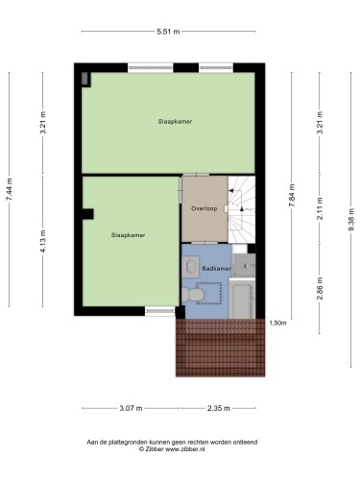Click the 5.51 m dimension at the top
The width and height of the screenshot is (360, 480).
tap(168, 32)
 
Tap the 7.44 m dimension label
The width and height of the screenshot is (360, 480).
tap(10, 189)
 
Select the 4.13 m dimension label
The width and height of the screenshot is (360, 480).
tap(43, 241)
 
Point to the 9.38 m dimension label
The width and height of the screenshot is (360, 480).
tap(351, 219)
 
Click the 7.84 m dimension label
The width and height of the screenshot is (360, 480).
tap(292, 196)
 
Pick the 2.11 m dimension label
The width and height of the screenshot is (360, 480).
tap(320, 208)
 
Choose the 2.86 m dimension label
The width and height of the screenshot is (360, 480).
tap(320, 288)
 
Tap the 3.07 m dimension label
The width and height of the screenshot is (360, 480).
tap(131, 408)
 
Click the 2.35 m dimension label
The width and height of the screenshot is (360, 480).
tap(219, 408)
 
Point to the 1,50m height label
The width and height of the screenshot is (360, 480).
tap(277, 323)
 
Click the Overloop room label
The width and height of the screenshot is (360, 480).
tap(204, 208)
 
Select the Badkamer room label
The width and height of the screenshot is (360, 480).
tap(216, 269)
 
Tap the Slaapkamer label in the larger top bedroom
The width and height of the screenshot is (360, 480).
tap(175, 122)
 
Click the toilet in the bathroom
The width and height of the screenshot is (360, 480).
tap(193, 295)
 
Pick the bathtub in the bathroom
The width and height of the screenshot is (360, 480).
tap(243, 299)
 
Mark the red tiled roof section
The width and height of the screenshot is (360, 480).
tap(221, 348)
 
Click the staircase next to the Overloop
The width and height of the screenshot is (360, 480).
tap(242, 209)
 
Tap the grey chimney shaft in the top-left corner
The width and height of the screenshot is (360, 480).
tap(84, 79)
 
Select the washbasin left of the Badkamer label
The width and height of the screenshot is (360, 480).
tap(191, 265)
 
